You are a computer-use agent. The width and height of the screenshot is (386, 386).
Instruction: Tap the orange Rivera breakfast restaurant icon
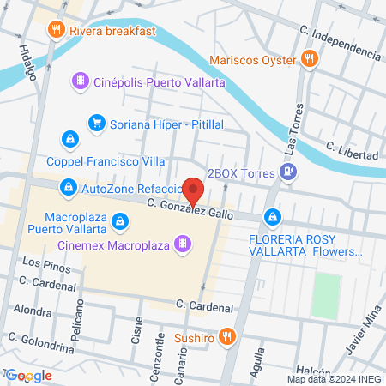(x=57, y=31)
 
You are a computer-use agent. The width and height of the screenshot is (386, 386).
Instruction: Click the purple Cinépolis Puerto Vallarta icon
(x=80, y=80)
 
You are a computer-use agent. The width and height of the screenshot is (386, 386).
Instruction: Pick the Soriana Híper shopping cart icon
(x=97, y=124)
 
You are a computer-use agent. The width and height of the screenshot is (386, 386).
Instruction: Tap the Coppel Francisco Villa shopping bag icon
(x=69, y=137)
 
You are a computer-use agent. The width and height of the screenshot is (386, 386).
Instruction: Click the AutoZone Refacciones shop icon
(x=68, y=186)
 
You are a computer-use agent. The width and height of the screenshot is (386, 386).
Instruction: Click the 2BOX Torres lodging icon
(x=288, y=173)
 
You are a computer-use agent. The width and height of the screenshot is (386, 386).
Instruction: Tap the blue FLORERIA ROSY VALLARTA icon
(x=273, y=218)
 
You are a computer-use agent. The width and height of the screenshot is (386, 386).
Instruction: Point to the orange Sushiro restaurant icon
(x=227, y=337)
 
